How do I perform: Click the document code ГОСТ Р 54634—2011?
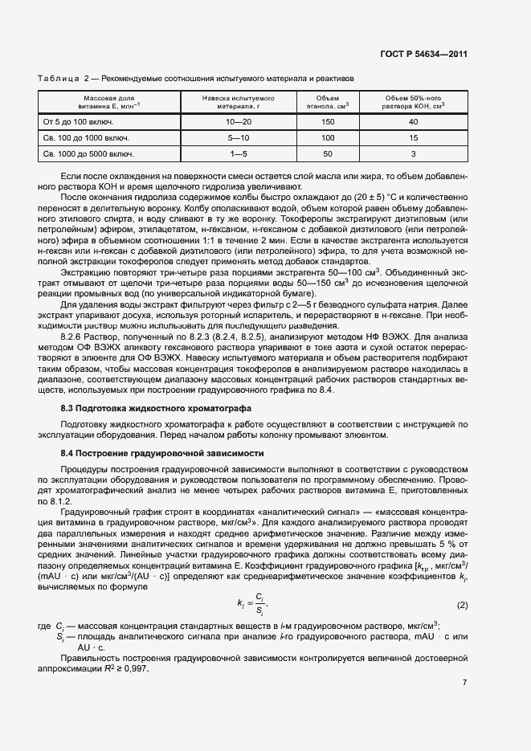click(423, 54)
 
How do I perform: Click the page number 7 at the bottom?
click(465, 683)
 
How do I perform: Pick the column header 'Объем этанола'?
click(327, 100)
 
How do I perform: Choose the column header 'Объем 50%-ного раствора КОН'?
click(414, 100)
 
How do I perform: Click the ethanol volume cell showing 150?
click(327, 122)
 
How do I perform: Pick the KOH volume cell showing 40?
click(414, 122)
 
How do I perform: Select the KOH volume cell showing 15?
click(414, 138)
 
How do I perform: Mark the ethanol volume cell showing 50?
click(327, 153)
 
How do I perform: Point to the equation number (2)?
click(462, 605)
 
